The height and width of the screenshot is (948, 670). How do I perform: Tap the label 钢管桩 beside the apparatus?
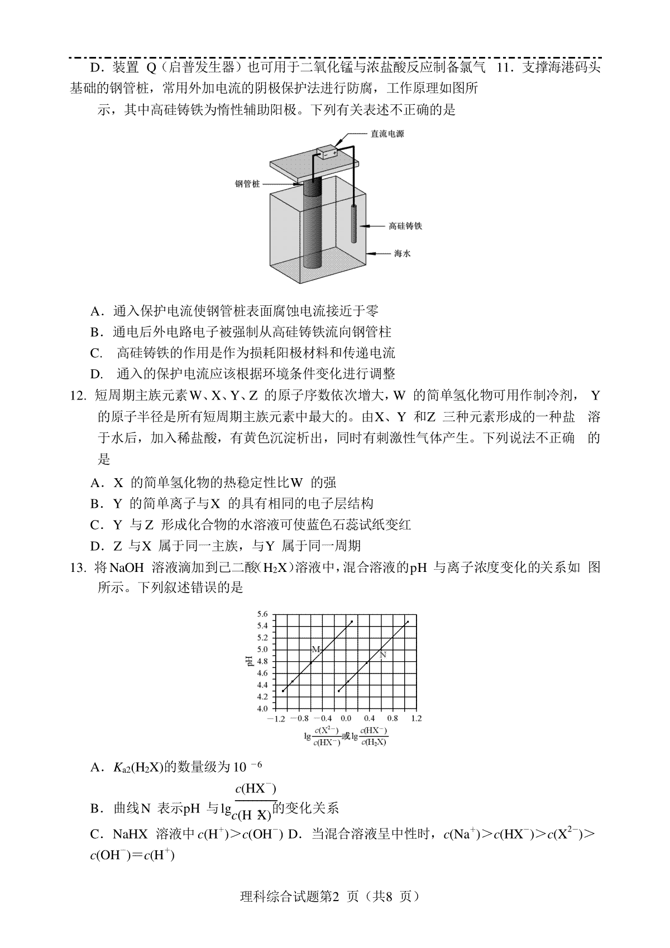pyautogui.click(x=247, y=184)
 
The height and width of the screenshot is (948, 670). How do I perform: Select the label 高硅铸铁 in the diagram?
pyautogui.click(x=405, y=226)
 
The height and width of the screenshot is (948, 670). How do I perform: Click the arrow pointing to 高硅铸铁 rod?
pyautogui.click(x=371, y=226)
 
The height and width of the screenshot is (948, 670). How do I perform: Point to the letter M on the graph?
pyautogui.click(x=315, y=649)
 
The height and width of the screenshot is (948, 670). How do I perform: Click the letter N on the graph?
pyautogui.click(x=383, y=655)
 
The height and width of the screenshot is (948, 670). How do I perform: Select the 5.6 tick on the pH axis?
pyautogui.click(x=262, y=614)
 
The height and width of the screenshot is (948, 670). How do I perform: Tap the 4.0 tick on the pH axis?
pyautogui.click(x=262, y=709)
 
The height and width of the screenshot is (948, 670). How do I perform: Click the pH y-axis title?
pyautogui.click(x=250, y=661)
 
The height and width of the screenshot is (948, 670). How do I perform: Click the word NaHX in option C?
pyautogui.click(x=130, y=835)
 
